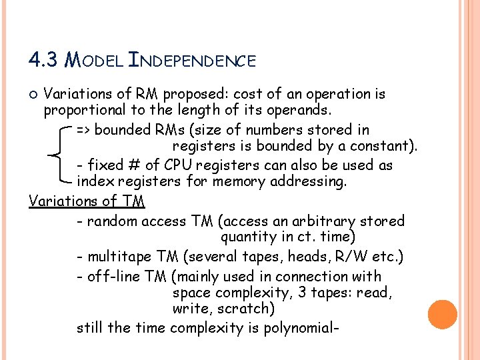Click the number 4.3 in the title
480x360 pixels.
click(44, 61)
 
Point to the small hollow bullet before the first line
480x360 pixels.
click(35, 95)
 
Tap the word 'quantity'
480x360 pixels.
click(248, 237)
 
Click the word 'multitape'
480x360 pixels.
click(119, 257)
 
